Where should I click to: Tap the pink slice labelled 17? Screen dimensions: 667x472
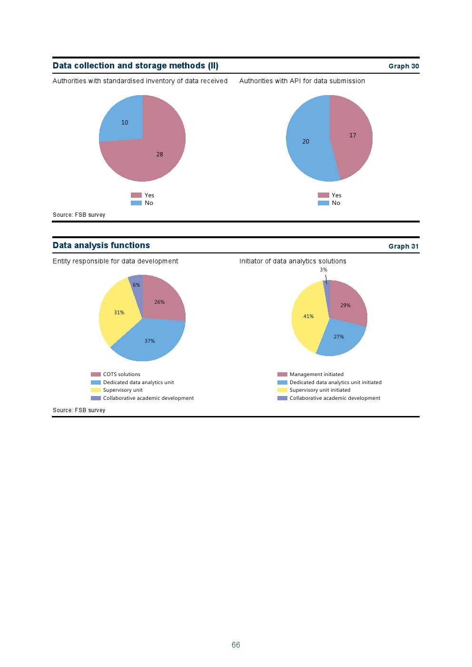pos(352,135)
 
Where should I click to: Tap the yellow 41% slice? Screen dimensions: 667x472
pos(308,316)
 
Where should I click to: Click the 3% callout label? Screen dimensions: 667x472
pos(324,270)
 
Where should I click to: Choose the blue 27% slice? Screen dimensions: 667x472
pos(339,337)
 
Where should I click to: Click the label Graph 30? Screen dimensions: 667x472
pos(403,66)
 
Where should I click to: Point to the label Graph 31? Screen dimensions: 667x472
pos(403,246)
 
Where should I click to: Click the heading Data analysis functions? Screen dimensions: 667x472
pos(101,245)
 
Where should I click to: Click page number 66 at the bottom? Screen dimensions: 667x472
pos(236,645)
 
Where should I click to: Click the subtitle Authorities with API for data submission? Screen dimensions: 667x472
pos(302,81)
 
